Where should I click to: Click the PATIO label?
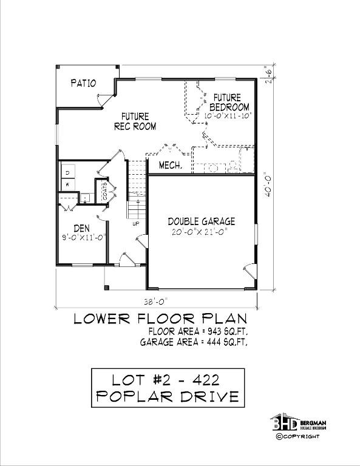click(x=83, y=83)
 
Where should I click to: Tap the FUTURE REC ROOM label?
click(x=135, y=121)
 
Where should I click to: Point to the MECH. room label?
click(x=171, y=165)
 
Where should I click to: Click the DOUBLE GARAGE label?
click(x=202, y=221)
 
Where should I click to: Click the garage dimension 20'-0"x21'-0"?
click(x=202, y=232)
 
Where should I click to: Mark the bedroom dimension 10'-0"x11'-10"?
click(x=228, y=115)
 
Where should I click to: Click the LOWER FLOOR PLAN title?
click(x=160, y=319)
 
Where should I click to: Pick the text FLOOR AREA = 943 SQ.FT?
click(x=197, y=331)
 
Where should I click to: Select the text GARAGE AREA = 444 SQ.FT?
click(x=194, y=342)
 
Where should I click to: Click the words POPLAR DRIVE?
click(x=168, y=397)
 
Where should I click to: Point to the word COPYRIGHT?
click(x=301, y=436)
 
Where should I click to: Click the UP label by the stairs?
click(x=137, y=223)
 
